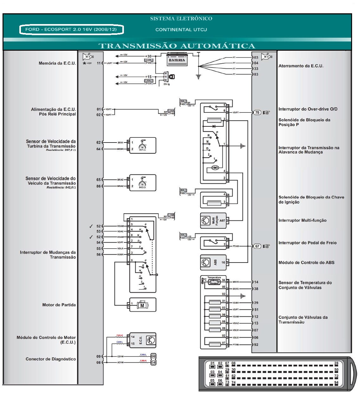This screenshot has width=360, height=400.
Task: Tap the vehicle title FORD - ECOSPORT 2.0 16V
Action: coord(71,29)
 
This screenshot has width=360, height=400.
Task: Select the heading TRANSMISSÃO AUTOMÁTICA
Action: coord(177,46)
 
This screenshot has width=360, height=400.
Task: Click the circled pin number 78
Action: coord(257,112)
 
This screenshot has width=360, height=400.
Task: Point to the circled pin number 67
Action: coord(257,246)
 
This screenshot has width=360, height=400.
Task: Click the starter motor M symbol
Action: coord(142,305)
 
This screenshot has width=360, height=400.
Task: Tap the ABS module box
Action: coord(213,263)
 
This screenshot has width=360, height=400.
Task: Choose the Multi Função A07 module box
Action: coord(213,220)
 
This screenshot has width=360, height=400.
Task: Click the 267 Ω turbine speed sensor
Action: coord(142,145)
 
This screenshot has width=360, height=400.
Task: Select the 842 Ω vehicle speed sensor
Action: coord(142,183)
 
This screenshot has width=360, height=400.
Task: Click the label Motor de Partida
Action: coord(59,305)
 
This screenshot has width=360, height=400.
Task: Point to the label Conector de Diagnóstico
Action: coord(51,359)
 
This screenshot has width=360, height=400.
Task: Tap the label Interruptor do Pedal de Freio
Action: coord(307,243)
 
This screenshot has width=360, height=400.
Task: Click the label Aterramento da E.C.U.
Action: coord(301,66)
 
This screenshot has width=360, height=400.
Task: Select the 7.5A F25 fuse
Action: coord(149,61)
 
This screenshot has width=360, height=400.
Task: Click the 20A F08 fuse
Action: coord(183,192)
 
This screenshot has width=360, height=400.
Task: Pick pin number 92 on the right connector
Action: coord(256,345)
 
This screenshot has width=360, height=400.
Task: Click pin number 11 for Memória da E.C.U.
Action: coord(99,63)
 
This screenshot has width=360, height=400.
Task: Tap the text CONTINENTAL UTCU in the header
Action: coord(181,30)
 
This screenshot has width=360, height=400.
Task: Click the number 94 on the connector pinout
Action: coord(336,383)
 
